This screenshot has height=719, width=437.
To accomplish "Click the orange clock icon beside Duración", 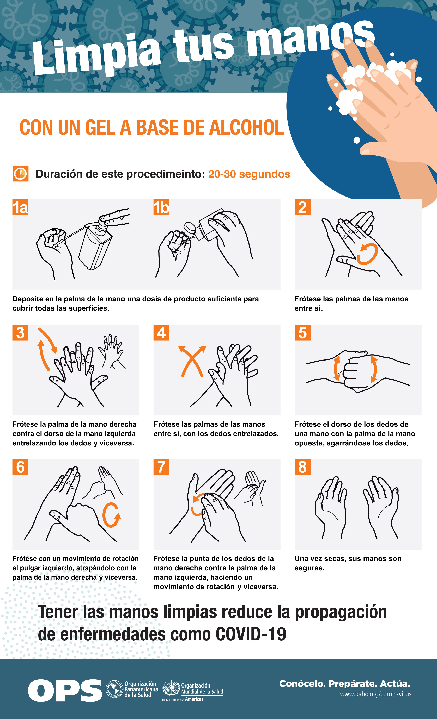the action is (x=20, y=174).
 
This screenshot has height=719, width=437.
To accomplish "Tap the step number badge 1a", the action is (x=20, y=207).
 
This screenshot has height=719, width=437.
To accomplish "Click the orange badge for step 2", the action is (x=302, y=207).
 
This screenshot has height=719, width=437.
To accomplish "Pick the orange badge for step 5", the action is (x=302, y=333).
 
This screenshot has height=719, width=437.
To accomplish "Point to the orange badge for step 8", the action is (x=302, y=467).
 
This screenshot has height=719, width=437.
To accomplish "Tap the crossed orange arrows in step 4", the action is (x=192, y=361).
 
